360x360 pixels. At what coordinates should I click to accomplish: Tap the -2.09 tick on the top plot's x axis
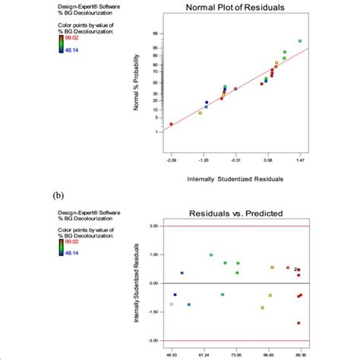[171, 161]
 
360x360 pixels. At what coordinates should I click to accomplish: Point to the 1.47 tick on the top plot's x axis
[301, 161]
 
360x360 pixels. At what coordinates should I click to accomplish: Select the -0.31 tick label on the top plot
[235, 161]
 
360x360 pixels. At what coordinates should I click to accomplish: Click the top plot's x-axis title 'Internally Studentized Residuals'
[235, 179]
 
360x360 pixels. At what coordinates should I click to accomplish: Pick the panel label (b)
[58, 195]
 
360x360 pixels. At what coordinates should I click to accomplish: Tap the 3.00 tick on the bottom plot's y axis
[153, 226]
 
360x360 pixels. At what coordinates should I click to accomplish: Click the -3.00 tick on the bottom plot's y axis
[153, 341]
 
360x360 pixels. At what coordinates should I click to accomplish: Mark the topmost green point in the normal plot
[300, 41]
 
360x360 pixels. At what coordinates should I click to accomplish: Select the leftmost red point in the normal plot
[171, 124]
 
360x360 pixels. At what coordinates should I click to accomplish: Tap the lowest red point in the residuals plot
[299, 323]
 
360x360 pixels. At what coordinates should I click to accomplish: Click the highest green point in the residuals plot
[211, 255]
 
